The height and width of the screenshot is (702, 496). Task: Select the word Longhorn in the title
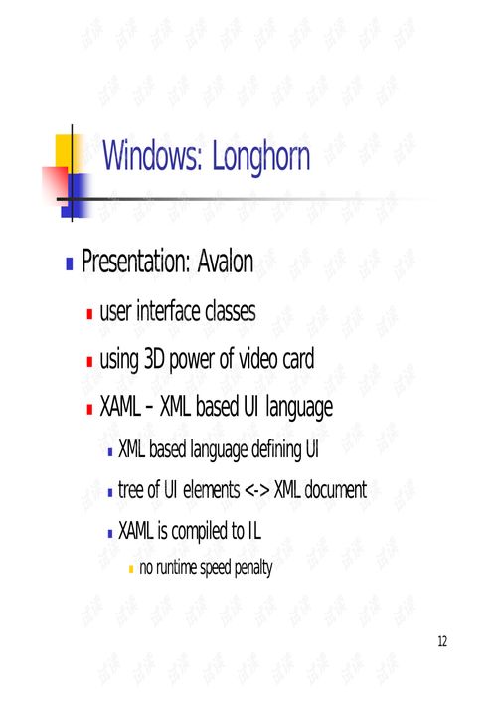coord(260,157)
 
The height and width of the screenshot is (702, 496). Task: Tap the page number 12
coord(442,641)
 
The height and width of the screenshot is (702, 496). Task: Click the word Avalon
coord(226,261)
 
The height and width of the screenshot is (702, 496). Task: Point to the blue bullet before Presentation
coord(70,263)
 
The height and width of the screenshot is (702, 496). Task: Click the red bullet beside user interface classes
coord(89,313)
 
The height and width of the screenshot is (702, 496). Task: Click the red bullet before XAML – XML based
coord(89,409)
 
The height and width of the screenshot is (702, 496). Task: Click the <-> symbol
coord(257,490)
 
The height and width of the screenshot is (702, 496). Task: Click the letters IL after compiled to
coord(254,531)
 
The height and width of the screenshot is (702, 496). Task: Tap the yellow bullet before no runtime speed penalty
coord(131,569)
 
